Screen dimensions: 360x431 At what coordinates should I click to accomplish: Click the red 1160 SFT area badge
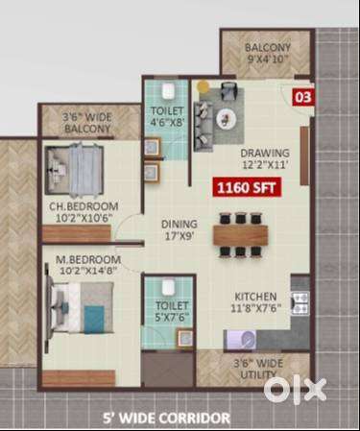[247, 187]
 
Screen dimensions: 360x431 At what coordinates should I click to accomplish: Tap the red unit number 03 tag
[302, 97]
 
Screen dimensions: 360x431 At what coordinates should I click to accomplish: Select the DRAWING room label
[265, 153]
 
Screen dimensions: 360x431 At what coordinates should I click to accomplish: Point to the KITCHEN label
[255, 297]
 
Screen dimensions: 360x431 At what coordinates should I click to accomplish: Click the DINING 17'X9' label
[180, 230]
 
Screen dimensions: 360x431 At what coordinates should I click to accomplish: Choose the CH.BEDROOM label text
[84, 206]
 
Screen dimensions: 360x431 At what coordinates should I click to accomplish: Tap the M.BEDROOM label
[88, 259]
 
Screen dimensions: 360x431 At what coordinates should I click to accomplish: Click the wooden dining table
[240, 235]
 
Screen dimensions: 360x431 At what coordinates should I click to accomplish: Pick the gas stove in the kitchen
[300, 303]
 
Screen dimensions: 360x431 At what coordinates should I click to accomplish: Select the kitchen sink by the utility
[241, 340]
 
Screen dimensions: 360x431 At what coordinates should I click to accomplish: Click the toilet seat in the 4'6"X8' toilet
[168, 91]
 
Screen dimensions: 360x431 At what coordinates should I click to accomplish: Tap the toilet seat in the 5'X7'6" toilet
[168, 288]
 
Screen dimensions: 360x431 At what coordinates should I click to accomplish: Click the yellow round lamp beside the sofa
[203, 85]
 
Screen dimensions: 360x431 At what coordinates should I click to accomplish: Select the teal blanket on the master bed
[94, 316]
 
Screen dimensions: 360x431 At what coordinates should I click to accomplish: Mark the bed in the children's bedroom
[74, 168]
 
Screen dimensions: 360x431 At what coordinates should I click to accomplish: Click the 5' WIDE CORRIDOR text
[166, 419]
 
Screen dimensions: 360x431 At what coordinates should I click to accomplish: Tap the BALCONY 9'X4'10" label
[268, 53]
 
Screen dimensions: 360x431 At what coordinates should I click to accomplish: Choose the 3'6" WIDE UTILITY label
[258, 369]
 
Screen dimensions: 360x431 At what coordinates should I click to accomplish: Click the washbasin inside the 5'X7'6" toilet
[185, 338]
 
